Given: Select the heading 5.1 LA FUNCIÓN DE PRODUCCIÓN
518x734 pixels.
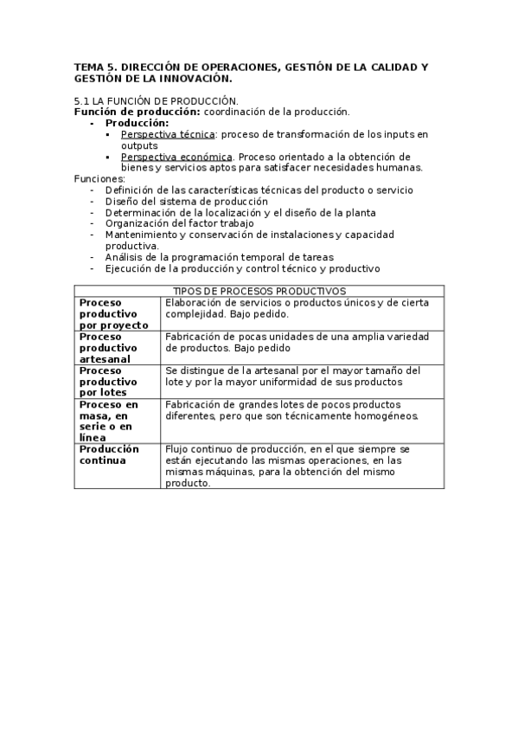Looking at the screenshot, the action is coord(156,101).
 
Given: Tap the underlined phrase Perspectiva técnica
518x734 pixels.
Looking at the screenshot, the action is coord(168,134).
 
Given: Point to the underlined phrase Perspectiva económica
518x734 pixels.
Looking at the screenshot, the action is coord(176,157).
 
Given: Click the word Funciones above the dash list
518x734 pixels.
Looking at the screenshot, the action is coord(99,178).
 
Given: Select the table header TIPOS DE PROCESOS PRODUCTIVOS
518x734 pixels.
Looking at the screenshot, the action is coord(259,291).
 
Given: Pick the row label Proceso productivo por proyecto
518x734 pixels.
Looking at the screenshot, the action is coord(108,313).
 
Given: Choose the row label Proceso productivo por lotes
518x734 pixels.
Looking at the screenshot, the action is coord(108,381).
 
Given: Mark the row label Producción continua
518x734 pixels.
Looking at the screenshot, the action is coord(108,454).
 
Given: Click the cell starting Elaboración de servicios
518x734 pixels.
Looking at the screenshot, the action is coord(297,308).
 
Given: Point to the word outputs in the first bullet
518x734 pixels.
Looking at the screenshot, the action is coord(138,145).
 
